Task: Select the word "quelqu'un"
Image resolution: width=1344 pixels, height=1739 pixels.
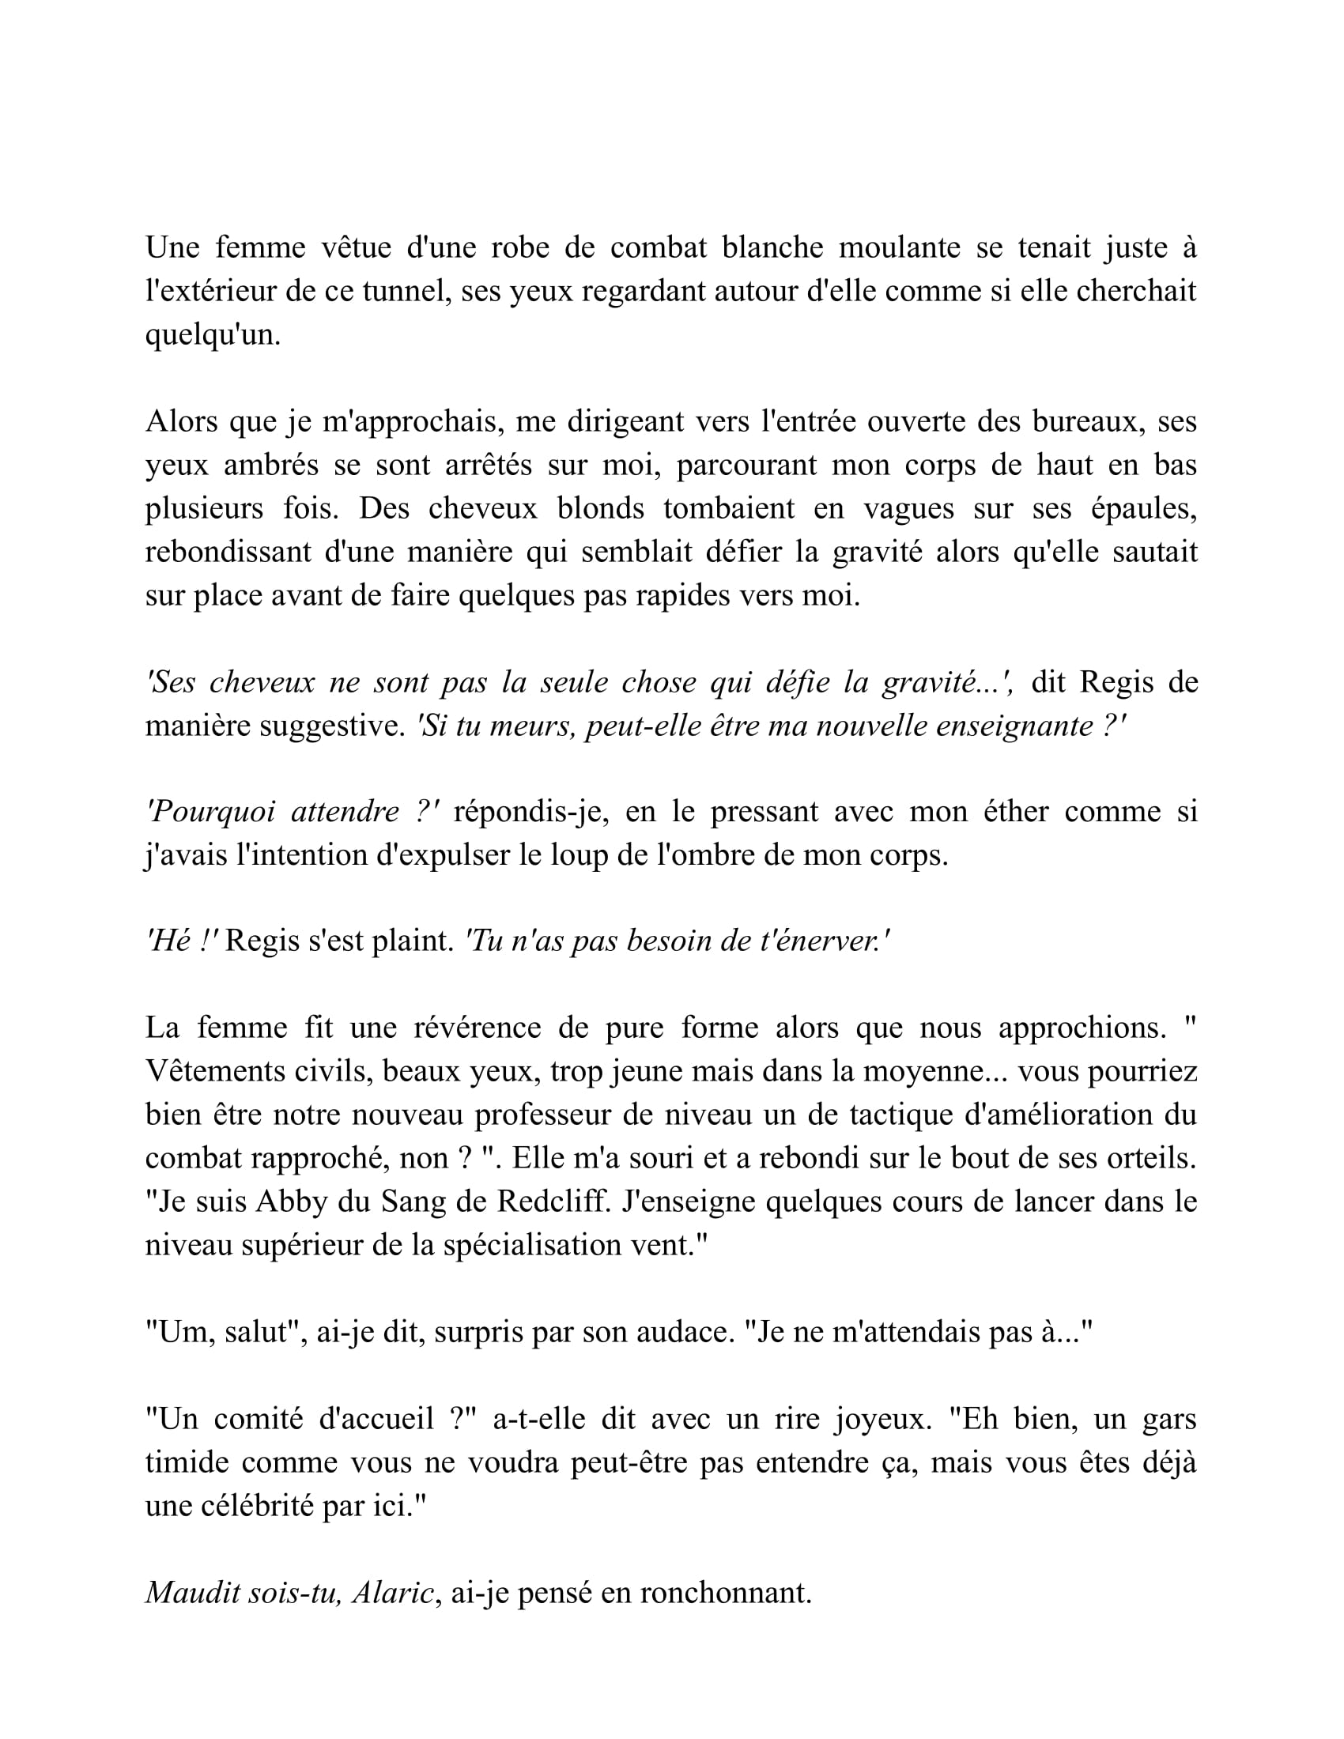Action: pos(212,335)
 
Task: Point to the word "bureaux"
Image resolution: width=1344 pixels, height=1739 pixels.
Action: pos(1088,421)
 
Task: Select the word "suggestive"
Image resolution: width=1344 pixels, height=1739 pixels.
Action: pos(333,726)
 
